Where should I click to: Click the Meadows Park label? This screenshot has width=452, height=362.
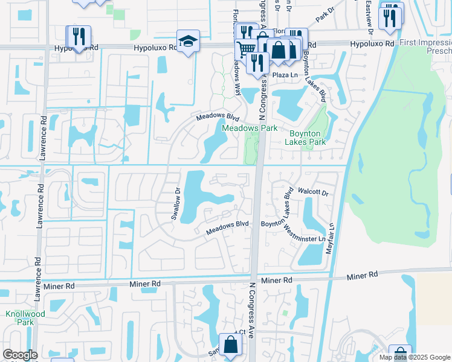coord(250,128)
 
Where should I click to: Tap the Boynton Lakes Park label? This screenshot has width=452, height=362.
coord(305,138)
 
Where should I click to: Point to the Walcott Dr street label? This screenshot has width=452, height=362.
coord(317,193)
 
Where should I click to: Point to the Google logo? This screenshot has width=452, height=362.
coord(20,355)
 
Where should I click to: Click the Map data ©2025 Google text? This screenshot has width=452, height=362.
coord(415,357)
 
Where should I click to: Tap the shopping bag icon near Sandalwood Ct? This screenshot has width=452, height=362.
coord(230,345)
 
